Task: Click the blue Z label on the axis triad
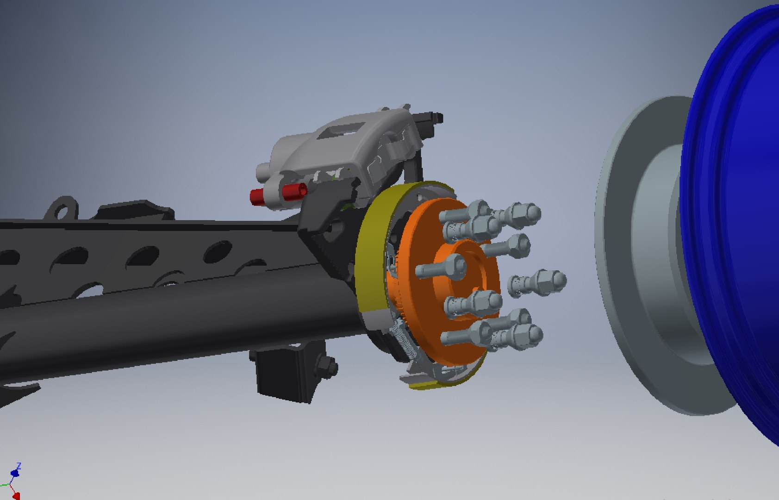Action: [19, 465]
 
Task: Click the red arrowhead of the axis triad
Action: [16, 496]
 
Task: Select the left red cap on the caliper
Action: [256, 197]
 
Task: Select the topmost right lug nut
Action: [526, 213]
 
